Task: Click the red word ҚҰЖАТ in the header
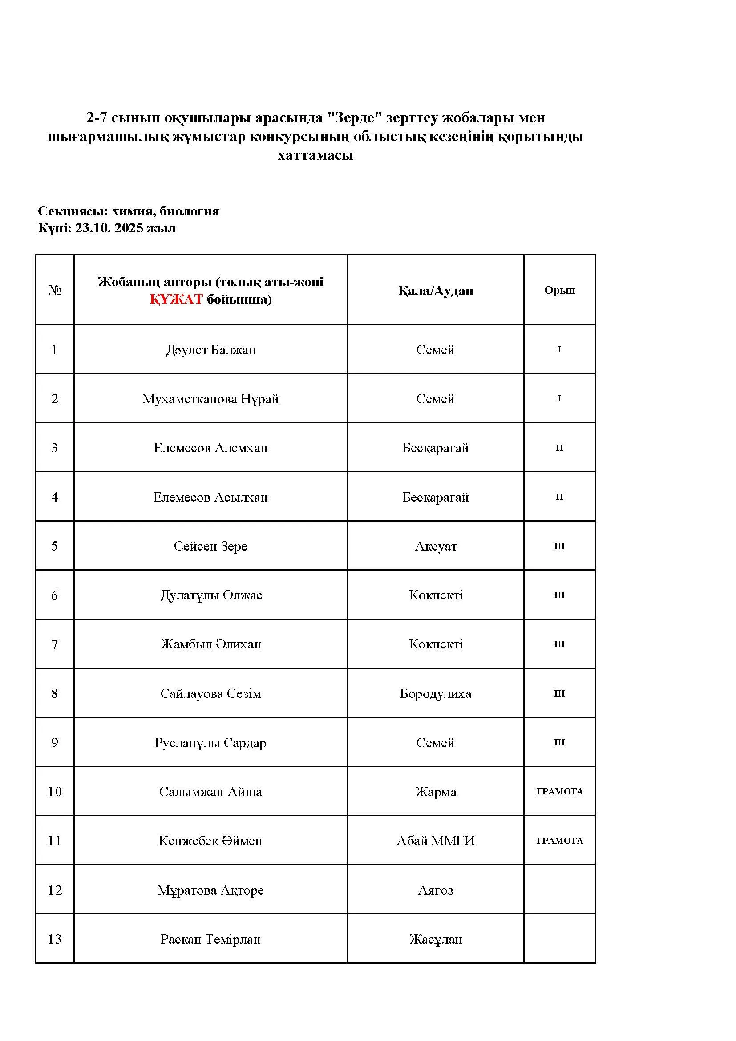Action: [x=176, y=299]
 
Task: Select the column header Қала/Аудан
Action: [x=435, y=291]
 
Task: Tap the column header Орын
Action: [x=559, y=290]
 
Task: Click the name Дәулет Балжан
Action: [x=211, y=349]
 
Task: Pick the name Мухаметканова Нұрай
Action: [x=210, y=398]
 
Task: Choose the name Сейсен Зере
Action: [x=210, y=546]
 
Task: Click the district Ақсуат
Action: [x=436, y=546]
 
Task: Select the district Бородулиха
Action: [x=435, y=693]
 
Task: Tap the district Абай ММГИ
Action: [x=436, y=841]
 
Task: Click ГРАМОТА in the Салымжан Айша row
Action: [x=559, y=791]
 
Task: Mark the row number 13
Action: [x=54, y=939]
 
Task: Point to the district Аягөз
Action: [x=435, y=890]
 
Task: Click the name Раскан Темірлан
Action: [x=210, y=939]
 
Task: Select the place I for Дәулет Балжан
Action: [x=559, y=349]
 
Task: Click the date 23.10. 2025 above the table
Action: [x=109, y=227]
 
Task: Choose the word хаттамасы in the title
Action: [x=315, y=155]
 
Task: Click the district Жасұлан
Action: [x=436, y=939]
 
